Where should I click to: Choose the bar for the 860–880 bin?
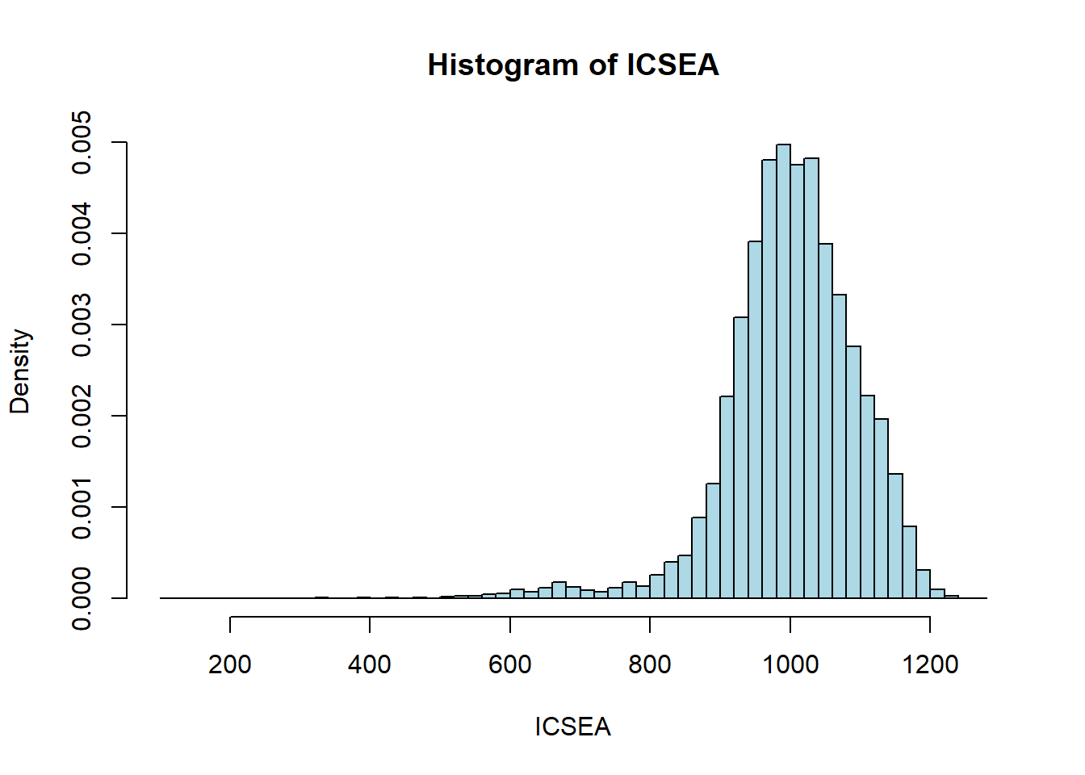click(x=699, y=557)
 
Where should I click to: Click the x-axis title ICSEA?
click(x=572, y=727)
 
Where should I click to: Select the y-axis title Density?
click(x=20, y=371)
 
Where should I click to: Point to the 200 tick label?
click(x=230, y=664)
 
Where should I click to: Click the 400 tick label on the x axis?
click(x=370, y=664)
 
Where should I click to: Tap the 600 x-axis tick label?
click(x=510, y=664)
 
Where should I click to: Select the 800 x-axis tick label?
click(x=650, y=664)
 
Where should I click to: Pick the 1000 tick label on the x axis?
click(x=790, y=664)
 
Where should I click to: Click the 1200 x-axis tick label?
click(x=930, y=664)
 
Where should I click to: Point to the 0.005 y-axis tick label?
click(x=82, y=143)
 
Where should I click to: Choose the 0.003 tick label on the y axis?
click(x=82, y=325)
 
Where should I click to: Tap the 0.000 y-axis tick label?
click(x=82, y=598)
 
